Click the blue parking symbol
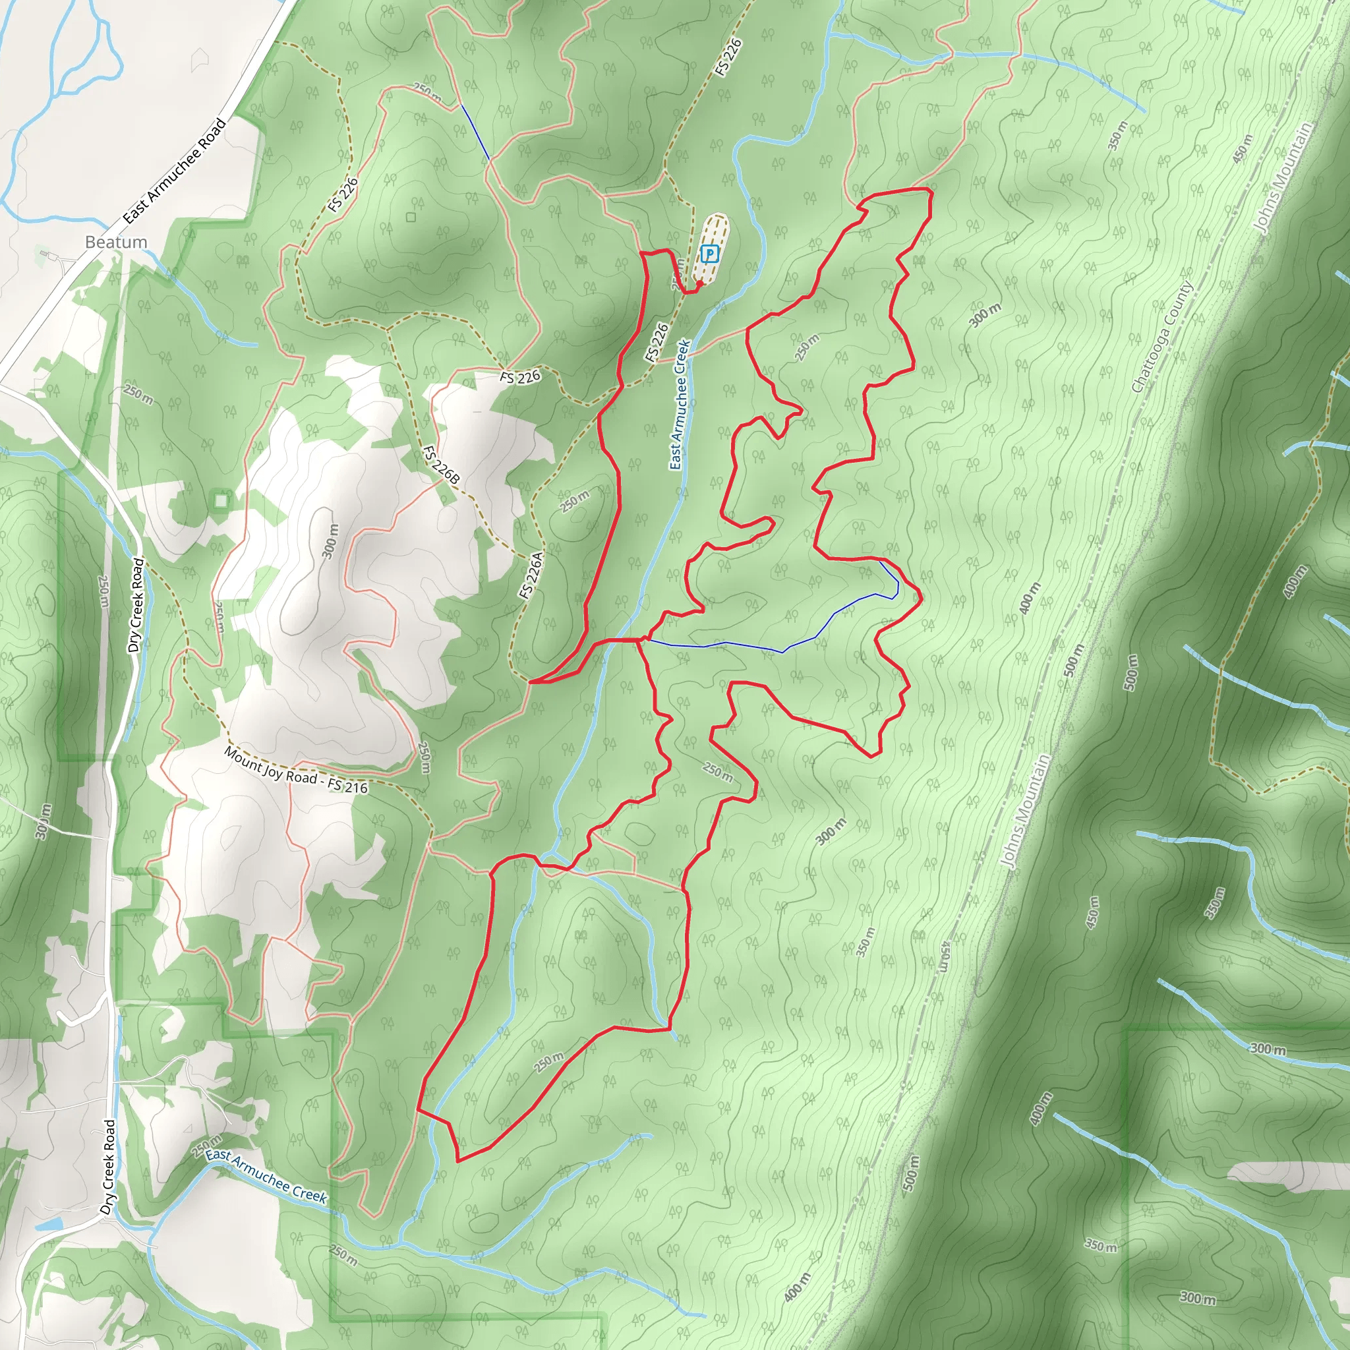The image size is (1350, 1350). click(709, 254)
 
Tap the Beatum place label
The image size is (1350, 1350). click(116, 242)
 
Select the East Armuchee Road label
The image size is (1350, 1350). click(175, 171)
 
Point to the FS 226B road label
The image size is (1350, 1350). click(441, 465)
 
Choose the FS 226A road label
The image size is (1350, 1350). click(531, 575)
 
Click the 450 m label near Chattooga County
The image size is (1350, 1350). click(1243, 148)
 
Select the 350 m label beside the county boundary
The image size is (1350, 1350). click(1117, 135)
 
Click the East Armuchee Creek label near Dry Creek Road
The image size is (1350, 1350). click(266, 1177)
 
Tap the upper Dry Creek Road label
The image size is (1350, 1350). click(136, 604)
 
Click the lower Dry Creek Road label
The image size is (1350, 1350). click(108, 1166)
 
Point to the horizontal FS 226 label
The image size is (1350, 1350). click(520, 377)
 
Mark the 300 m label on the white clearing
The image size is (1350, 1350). click(330, 540)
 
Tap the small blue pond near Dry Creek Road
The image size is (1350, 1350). click(48, 1224)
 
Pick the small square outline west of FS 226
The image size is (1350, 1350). click(411, 218)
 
